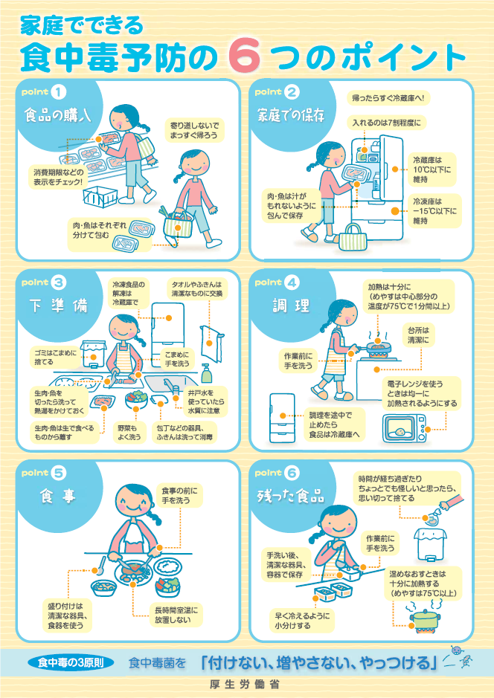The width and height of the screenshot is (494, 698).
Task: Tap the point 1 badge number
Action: pyautogui.click(x=60, y=92)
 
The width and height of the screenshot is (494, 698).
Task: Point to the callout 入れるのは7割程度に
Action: pyautogui.click(x=387, y=122)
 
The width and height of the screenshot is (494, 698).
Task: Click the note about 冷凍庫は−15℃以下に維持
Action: pyautogui.click(x=435, y=210)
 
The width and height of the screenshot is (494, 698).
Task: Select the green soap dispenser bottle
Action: pyautogui.click(x=206, y=371)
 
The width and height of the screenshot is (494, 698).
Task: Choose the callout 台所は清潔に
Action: pyautogui.click(x=420, y=334)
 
